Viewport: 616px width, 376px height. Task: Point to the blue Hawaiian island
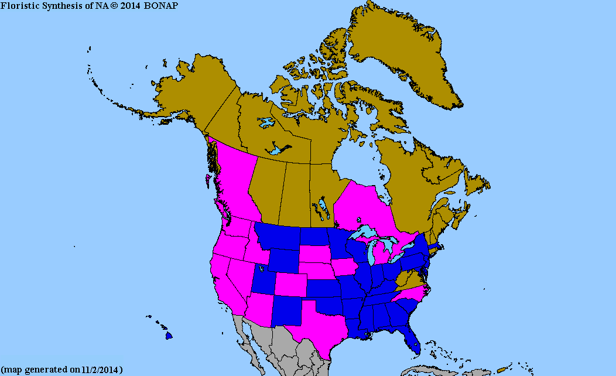click(x=169, y=336)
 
